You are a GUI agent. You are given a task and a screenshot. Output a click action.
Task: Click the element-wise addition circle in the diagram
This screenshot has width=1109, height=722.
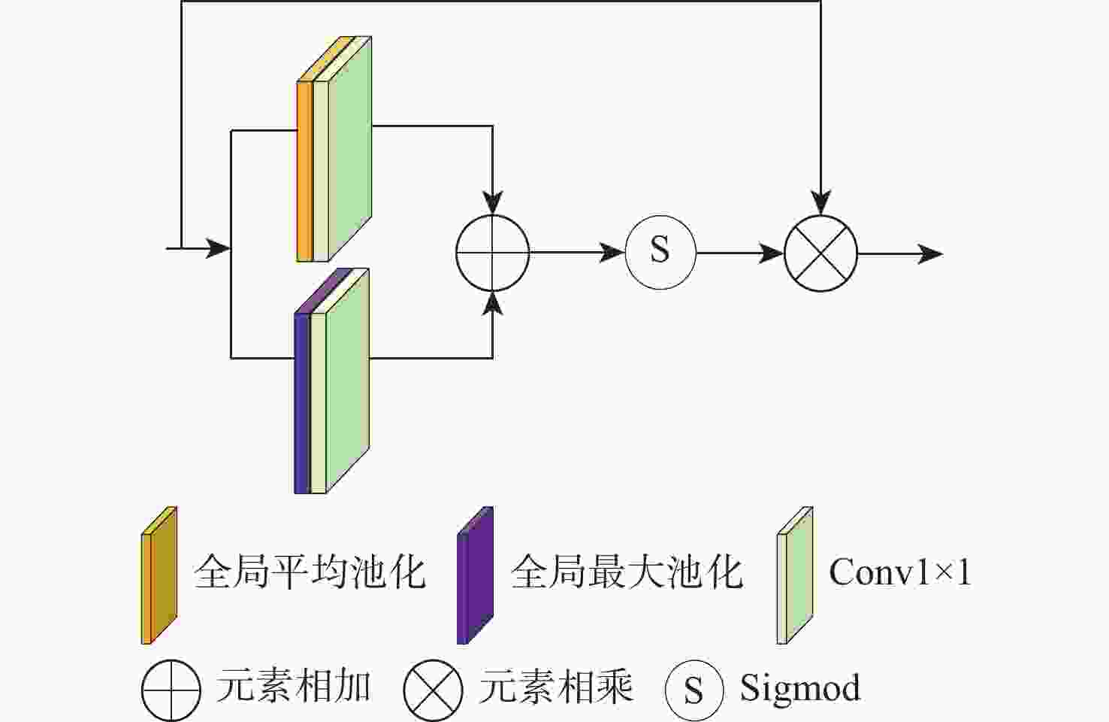pyautogui.click(x=493, y=253)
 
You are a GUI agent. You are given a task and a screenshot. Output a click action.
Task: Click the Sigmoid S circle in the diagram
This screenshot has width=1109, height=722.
pyautogui.click(x=660, y=252)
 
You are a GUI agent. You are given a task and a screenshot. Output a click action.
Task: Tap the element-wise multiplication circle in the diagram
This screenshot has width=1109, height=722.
pyautogui.click(x=820, y=253)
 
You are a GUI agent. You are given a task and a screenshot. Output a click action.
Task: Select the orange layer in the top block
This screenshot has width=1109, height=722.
pyautogui.click(x=304, y=171)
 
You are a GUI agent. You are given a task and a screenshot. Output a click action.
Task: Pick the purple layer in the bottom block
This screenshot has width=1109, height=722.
pyautogui.click(x=301, y=402)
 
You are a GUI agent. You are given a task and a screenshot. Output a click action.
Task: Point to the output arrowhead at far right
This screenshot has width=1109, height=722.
pyautogui.click(x=931, y=253)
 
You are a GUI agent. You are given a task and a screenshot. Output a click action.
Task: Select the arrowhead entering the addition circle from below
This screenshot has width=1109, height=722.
pyautogui.click(x=493, y=302)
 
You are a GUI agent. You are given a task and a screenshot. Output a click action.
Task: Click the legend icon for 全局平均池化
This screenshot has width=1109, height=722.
pyautogui.click(x=159, y=576)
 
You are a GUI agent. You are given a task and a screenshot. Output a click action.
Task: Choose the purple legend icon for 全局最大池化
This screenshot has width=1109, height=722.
pyautogui.click(x=475, y=576)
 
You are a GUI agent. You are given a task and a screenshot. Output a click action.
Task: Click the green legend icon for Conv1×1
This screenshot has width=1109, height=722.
pyautogui.click(x=795, y=576)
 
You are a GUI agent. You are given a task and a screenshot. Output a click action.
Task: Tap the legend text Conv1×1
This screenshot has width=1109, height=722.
pyautogui.click(x=899, y=572)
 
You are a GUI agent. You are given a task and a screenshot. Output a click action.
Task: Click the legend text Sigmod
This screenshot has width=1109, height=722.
pyautogui.click(x=799, y=687)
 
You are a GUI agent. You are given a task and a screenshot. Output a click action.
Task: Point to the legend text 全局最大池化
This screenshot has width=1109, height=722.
pyautogui.click(x=627, y=572)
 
